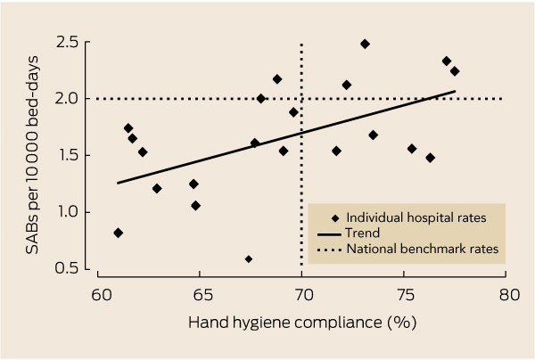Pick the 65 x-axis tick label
click(x=201, y=294)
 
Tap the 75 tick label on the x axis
click(x=405, y=294)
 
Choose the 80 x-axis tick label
click(x=506, y=294)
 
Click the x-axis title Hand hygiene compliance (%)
click(x=304, y=324)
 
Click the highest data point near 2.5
click(x=365, y=44)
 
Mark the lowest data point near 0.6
click(x=249, y=259)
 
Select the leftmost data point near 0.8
click(x=119, y=233)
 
